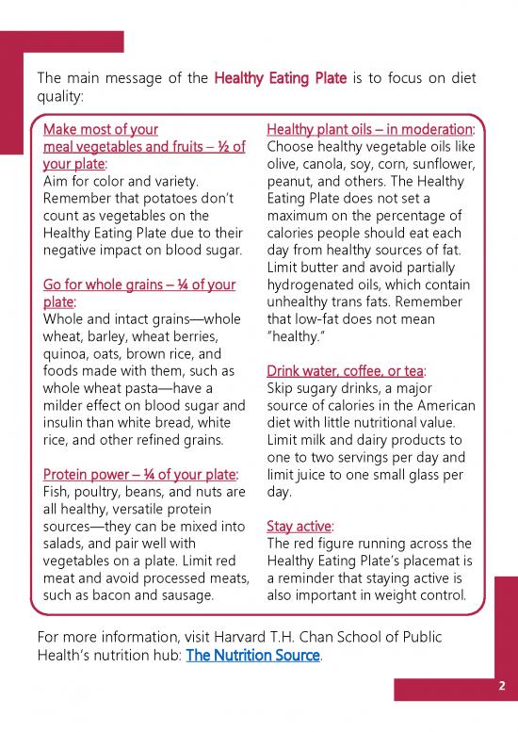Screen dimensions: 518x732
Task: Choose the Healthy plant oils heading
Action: pyautogui.click(x=369, y=129)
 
